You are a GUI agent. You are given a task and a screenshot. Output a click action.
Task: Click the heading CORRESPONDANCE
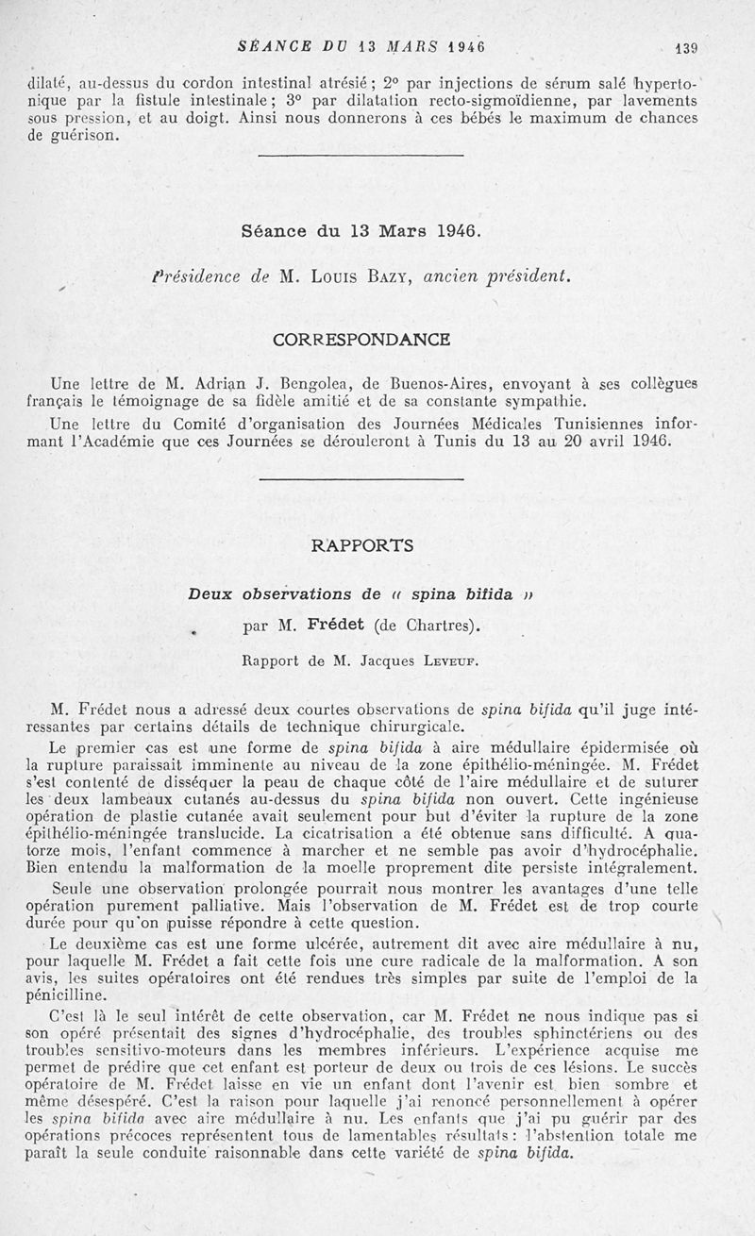pyautogui.click(x=361, y=339)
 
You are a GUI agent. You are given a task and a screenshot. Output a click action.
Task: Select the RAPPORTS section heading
pyautogui.click(x=362, y=545)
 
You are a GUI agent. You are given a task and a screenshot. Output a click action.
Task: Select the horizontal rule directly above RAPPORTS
pyautogui.click(x=361, y=480)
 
